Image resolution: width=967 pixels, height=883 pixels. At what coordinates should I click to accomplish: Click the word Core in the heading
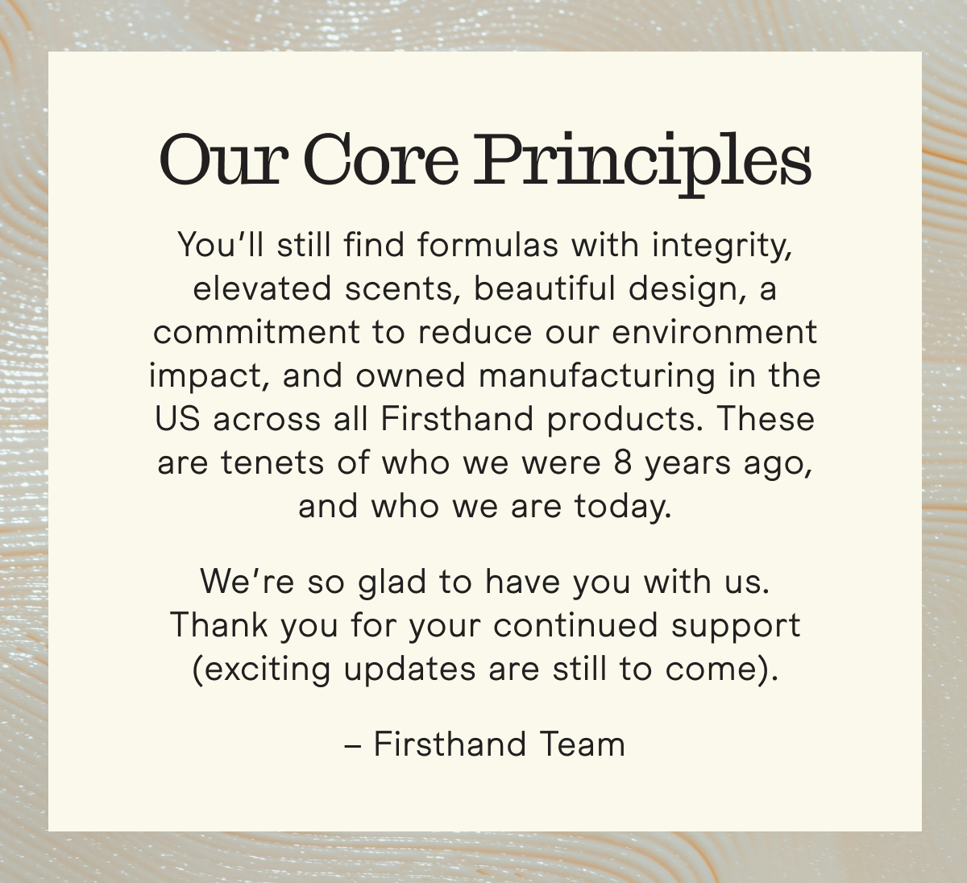(x=381, y=160)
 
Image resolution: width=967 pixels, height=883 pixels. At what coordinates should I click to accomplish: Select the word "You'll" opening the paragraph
(x=221, y=244)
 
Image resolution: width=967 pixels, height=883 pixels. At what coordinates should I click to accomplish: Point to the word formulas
(x=488, y=244)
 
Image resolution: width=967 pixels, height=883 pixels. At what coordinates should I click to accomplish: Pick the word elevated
(x=262, y=288)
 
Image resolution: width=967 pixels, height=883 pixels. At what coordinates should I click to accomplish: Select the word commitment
(x=256, y=332)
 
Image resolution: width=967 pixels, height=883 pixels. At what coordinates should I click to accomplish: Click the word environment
(x=715, y=332)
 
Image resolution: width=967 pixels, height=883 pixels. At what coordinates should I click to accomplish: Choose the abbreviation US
(x=177, y=418)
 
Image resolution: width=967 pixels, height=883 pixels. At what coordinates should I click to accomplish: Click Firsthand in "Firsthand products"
(x=458, y=418)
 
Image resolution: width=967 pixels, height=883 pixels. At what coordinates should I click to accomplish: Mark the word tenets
(x=272, y=462)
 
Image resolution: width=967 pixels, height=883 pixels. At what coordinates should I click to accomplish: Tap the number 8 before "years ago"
(x=623, y=462)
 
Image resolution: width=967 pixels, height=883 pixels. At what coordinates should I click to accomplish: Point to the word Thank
(x=219, y=624)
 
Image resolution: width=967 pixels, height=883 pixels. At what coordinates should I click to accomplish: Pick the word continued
(x=575, y=624)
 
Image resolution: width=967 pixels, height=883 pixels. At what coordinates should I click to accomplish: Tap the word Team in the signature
(x=582, y=744)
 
